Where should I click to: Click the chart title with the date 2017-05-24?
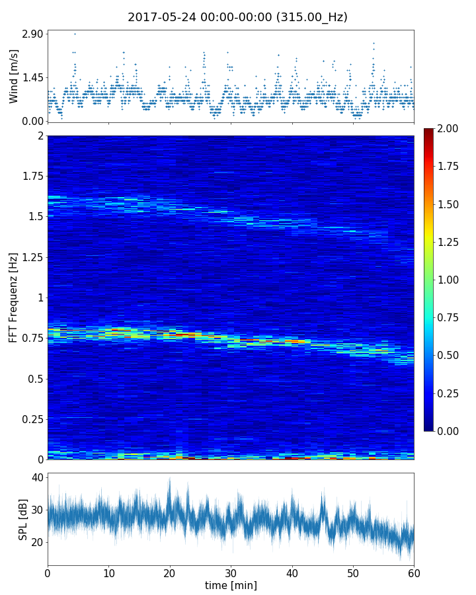(x=237, y=17)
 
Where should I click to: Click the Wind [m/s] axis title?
(x=14, y=75)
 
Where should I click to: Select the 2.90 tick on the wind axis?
(x=33, y=34)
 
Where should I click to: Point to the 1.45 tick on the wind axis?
(x=33, y=77)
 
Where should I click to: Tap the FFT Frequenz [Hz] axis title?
(x=14, y=297)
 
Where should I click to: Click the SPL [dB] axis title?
(x=23, y=518)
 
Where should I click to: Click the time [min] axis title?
(x=231, y=585)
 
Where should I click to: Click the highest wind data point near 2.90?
(x=75, y=34)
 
